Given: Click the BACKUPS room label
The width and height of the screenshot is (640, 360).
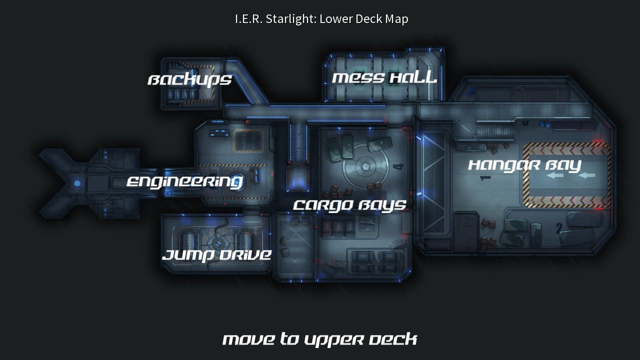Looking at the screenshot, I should click(189, 79).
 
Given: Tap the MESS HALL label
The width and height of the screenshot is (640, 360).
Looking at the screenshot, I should click(384, 77).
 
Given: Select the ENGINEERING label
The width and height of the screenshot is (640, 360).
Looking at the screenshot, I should click(184, 181).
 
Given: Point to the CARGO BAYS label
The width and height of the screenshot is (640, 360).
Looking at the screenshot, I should click(349, 205).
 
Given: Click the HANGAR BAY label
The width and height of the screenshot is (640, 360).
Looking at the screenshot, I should click(524, 165).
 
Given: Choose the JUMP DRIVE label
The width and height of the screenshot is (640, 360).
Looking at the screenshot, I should click(216, 255).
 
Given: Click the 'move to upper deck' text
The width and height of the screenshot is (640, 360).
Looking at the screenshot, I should click(319, 339).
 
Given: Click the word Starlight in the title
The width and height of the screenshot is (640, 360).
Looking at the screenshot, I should click(290, 19).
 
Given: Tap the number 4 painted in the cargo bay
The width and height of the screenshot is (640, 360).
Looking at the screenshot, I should click(398, 166).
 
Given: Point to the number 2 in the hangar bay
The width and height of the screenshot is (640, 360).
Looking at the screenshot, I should click(559, 228).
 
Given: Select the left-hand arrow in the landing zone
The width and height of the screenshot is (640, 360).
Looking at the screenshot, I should click(554, 175).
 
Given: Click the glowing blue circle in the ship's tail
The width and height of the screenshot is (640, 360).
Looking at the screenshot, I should click(77, 183).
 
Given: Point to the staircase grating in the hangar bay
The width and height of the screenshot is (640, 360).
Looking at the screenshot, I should click(495, 131).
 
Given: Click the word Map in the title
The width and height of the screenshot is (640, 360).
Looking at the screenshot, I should click(396, 19).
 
